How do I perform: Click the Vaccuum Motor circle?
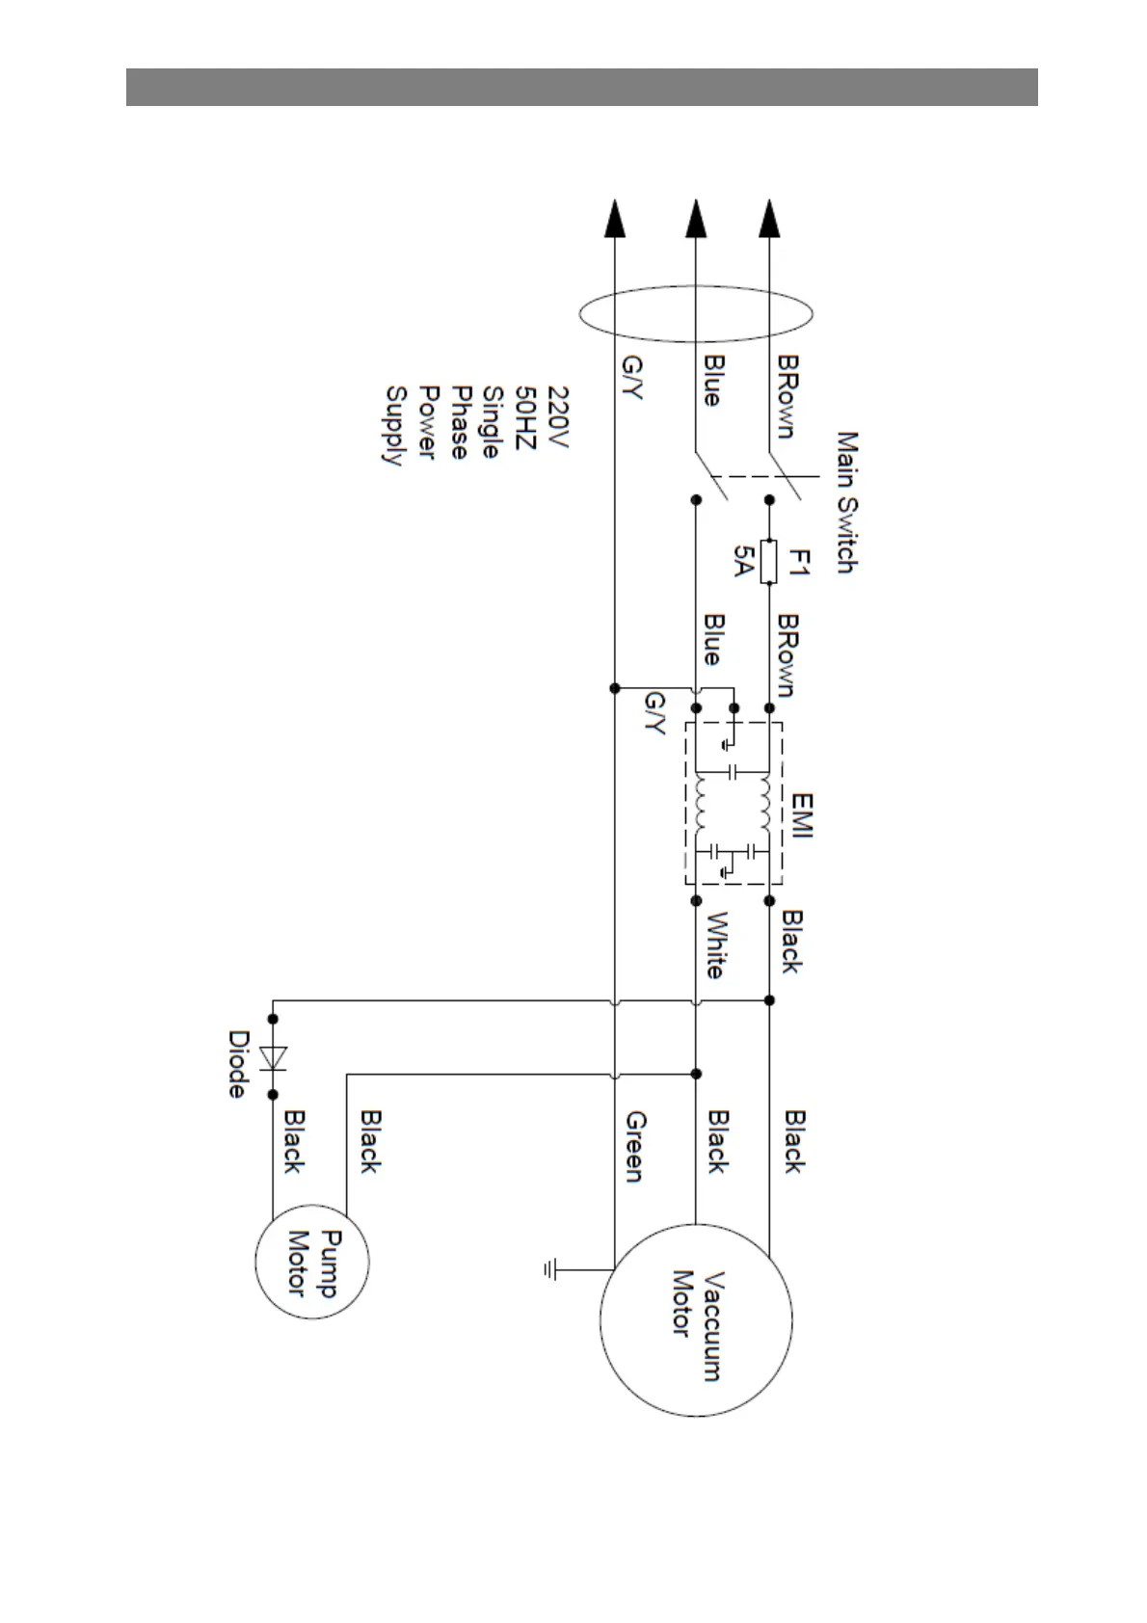(695, 1319)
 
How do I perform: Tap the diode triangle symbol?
(274, 1057)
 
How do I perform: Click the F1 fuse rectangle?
(768, 562)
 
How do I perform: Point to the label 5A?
(743, 561)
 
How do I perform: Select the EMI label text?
(802, 815)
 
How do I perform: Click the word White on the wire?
(716, 945)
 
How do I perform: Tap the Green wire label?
(635, 1146)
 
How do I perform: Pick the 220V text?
(559, 417)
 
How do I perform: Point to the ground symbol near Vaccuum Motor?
(550, 1271)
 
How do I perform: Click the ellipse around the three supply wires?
(695, 313)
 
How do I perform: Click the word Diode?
(238, 1064)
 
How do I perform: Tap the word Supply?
(395, 425)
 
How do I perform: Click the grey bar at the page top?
(581, 87)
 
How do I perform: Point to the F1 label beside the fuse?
(799, 562)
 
